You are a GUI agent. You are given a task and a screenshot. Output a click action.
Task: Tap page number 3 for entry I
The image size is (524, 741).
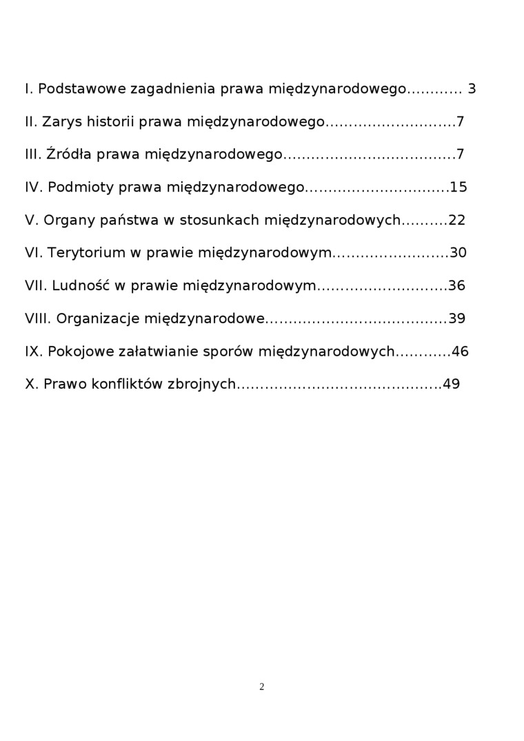[472, 89]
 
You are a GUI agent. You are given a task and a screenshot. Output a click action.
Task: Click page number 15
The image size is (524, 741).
[458, 187]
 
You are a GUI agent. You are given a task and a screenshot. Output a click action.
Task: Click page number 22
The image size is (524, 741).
[457, 221]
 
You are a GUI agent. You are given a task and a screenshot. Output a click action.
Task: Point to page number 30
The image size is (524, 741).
[458, 253]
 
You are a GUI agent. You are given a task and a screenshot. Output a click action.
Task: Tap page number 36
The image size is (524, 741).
[457, 286]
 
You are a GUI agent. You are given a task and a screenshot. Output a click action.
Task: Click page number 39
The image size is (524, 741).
[457, 318]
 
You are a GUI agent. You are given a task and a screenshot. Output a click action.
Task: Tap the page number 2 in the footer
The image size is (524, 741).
[262, 687]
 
